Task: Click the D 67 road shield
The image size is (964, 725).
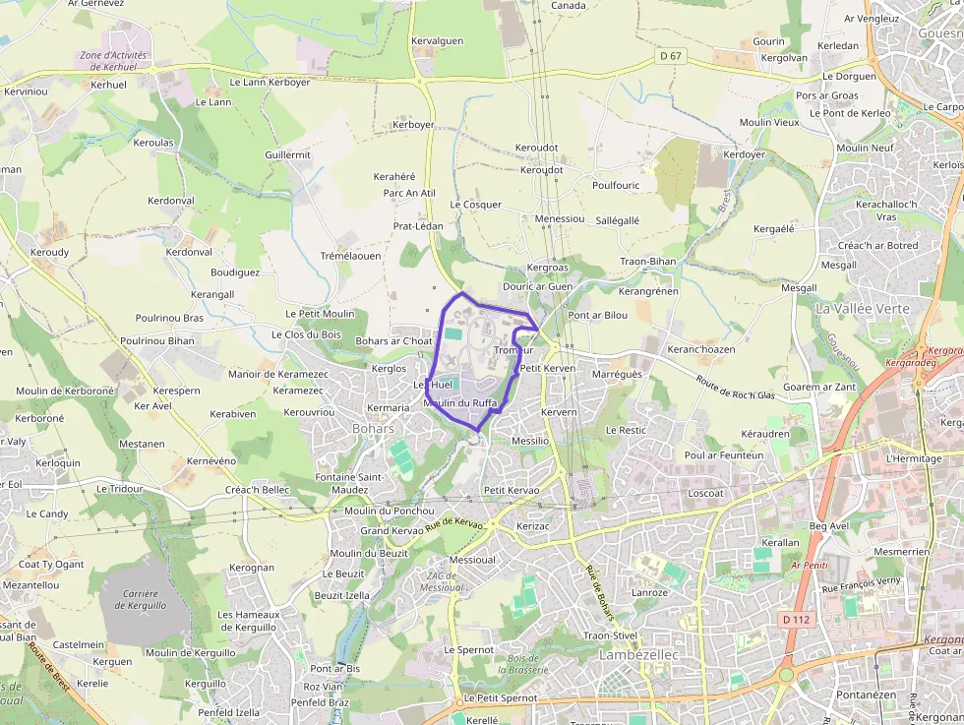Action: pos(670,56)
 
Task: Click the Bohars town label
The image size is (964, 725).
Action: pos(374,428)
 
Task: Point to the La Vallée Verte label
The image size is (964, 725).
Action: pos(863,308)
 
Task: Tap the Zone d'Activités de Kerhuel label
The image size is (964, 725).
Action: pos(113,61)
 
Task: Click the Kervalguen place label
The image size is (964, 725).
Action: pos(437,40)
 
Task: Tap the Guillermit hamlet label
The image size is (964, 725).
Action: pos(287,155)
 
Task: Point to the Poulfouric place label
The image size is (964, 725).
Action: pos(616,185)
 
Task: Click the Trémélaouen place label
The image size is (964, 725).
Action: pos(350,256)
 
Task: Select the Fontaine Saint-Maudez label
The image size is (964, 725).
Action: pos(349,483)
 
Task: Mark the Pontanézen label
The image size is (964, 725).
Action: pos(866,695)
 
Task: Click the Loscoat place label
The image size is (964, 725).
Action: pos(706,493)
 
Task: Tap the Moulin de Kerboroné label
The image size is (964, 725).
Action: pos(65,391)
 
